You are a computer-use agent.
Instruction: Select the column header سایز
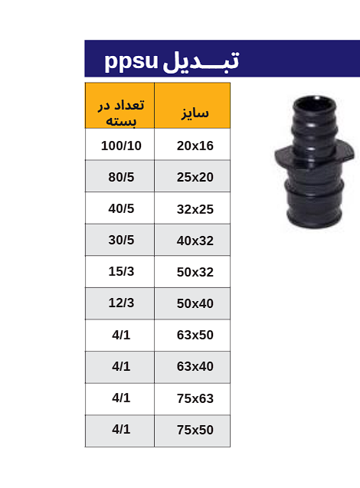coord(195,113)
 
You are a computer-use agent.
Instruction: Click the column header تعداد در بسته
coord(121,113)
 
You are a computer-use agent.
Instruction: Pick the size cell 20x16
coord(195,146)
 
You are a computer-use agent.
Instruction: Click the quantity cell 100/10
coord(121,146)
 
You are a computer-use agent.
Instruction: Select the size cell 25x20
coord(195,177)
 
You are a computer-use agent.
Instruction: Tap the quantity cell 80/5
coord(121,177)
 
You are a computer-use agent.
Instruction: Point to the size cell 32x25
coord(195,209)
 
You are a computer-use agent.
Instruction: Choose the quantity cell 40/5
coord(121,208)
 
